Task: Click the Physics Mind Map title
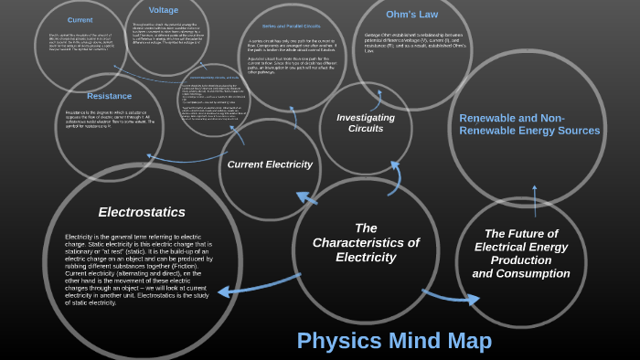[x=394, y=341]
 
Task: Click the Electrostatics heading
[x=142, y=212]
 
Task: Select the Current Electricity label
[x=270, y=164]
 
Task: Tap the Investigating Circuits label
[x=366, y=122]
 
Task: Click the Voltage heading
[x=164, y=10]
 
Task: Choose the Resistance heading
[x=110, y=96]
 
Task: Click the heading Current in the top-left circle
[x=80, y=19]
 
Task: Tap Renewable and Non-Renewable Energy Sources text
[x=529, y=124]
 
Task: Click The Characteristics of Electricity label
[x=366, y=242]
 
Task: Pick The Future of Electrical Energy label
[x=521, y=253]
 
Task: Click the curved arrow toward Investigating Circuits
[x=394, y=177]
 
